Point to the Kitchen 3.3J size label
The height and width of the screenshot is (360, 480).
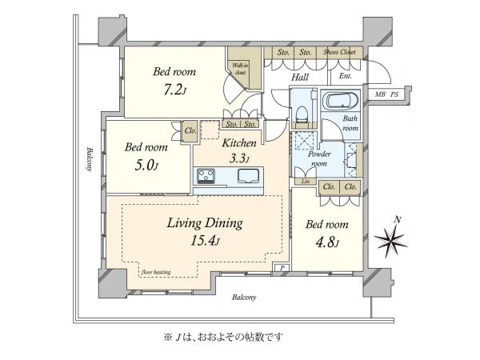(x=239, y=159)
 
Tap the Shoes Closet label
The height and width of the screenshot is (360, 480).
(x=339, y=54)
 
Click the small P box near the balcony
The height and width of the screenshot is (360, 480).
(x=281, y=268)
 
